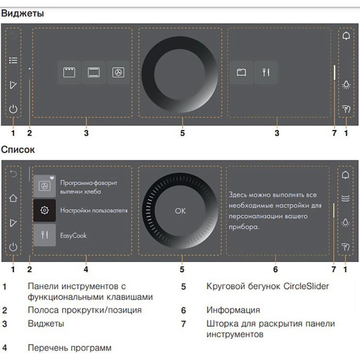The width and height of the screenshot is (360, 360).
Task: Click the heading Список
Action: [x=18, y=149]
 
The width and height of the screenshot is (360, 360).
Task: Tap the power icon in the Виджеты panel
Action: [x=13, y=109]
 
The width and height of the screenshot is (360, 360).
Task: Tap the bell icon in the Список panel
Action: [x=346, y=175]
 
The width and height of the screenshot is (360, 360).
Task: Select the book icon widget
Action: [x=241, y=73]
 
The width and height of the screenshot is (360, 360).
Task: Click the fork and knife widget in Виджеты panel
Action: [x=266, y=73]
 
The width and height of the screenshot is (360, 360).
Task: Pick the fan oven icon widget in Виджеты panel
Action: [x=118, y=73]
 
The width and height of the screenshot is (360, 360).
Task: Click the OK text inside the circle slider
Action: [x=180, y=211]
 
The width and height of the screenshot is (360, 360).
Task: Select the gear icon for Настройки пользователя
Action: [x=45, y=210]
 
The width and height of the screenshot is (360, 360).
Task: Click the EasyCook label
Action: [x=73, y=235]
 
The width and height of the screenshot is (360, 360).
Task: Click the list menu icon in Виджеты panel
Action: [x=13, y=60]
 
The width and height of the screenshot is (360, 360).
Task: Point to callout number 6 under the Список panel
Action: [x=275, y=269]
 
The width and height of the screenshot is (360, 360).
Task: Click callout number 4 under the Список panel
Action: [x=86, y=269]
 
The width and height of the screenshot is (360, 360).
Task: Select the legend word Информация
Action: [x=233, y=310]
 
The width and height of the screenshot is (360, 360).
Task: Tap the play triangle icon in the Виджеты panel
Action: [x=13, y=85]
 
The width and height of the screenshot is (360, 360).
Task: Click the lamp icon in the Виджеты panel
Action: [x=346, y=85]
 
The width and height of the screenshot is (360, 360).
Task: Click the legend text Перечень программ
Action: [x=69, y=348]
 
